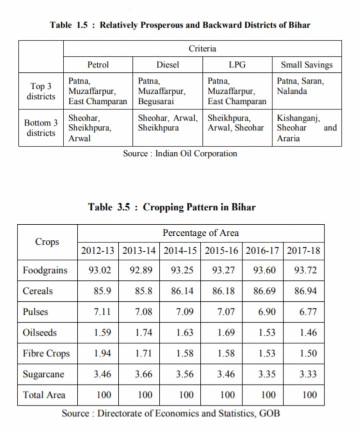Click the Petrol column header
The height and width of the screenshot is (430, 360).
(x=98, y=64)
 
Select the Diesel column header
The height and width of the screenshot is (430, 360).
(x=167, y=64)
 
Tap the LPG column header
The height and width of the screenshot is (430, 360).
(x=237, y=64)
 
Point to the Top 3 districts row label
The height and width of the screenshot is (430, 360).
(x=41, y=91)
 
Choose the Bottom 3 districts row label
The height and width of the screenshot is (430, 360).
(x=41, y=127)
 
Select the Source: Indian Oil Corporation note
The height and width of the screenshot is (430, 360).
(x=180, y=153)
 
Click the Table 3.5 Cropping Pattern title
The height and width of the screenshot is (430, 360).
(x=171, y=207)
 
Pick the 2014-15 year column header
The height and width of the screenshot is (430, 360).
(x=181, y=250)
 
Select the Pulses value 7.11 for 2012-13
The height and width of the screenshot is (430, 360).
(x=98, y=311)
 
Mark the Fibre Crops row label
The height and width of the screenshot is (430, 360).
(x=46, y=354)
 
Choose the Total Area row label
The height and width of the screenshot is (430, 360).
(x=44, y=395)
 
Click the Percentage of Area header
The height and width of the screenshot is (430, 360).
(x=200, y=232)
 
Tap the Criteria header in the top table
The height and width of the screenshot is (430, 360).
(x=202, y=48)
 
